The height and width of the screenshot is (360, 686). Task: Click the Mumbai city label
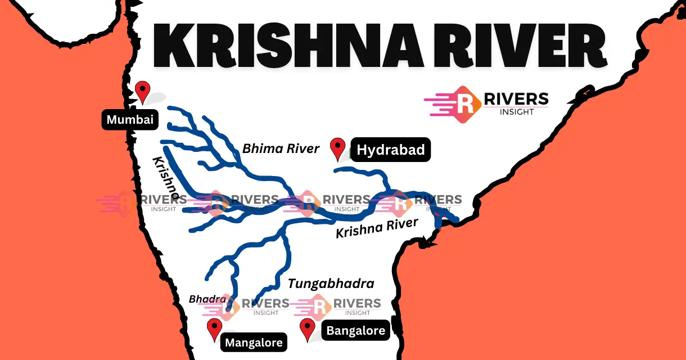pos(130,120)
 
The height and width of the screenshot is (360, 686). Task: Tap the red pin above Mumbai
pos(143,91)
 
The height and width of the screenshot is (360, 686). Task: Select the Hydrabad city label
pos(390,150)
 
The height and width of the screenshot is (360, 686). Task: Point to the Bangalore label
pos(356,331)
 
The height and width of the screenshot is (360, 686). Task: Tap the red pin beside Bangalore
pos(307,328)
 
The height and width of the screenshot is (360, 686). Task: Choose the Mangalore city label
pos(253,342)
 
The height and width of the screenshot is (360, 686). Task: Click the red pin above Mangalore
pos(214,328)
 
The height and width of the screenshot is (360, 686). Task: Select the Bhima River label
pos(281,148)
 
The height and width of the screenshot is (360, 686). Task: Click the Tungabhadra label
pos(331,283)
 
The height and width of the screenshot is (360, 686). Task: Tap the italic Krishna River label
pos(377,227)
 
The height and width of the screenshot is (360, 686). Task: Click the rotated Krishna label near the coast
pos(166,178)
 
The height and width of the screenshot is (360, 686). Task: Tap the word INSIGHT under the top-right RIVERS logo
pos(516,111)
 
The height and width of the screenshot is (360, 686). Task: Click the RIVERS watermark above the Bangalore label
pos(356,304)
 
